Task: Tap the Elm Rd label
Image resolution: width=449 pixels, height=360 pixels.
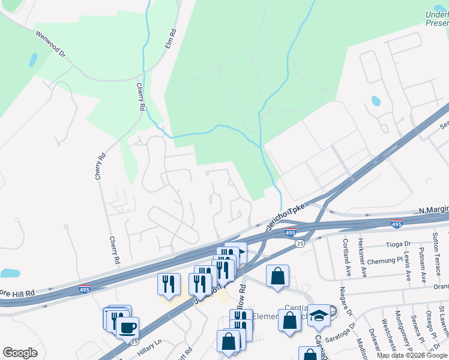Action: tap(170, 38)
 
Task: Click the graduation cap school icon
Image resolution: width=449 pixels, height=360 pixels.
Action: tap(319, 316)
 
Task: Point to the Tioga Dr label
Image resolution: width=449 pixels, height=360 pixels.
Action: tap(399, 244)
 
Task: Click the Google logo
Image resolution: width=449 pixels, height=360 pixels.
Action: tap(20, 353)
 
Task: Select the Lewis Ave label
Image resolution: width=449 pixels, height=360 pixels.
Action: tap(408, 267)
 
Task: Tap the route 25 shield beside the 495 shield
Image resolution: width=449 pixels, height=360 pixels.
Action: tap(299, 243)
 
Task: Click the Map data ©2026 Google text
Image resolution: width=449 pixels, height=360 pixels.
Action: tap(412, 355)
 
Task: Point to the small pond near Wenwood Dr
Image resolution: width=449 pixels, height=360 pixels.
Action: tap(33, 60)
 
